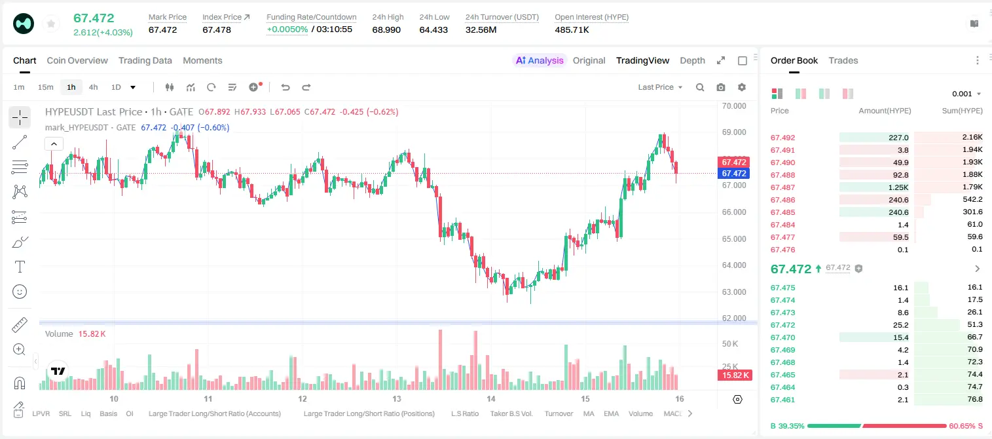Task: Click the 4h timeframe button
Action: point(93,87)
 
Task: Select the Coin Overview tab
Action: point(77,60)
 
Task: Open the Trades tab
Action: point(843,60)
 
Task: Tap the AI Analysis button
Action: point(540,60)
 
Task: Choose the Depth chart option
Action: point(692,60)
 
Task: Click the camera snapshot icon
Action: point(721,87)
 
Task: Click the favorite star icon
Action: point(51,24)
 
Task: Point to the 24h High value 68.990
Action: point(386,29)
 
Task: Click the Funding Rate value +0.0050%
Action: point(287,29)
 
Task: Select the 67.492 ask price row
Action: point(782,138)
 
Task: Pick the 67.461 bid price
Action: point(782,400)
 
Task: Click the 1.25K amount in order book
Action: point(898,187)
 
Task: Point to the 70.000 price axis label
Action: point(734,106)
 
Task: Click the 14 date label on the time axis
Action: point(490,398)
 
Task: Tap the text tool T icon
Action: point(20,267)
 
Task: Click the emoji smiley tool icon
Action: point(20,292)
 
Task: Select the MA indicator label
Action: point(589,413)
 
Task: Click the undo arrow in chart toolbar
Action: point(285,87)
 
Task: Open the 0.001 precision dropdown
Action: point(966,94)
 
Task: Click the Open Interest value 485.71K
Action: point(572,29)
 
